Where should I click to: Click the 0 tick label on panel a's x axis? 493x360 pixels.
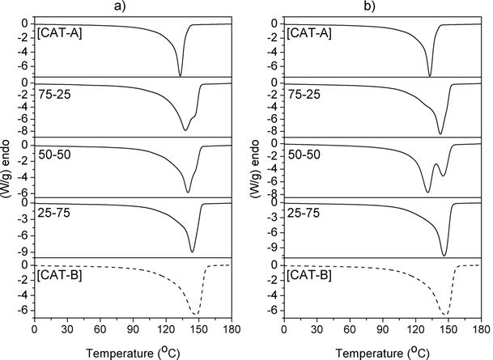pyautogui.click(x=34, y=331)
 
